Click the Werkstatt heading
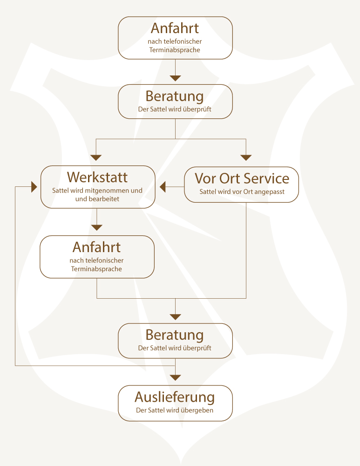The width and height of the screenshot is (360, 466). click(97, 178)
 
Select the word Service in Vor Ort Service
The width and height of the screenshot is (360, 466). click(267, 178)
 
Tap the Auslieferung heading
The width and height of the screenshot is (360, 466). click(175, 397)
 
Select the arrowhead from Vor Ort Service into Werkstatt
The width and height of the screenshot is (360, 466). click(163, 187)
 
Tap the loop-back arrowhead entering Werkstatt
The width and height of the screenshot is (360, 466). click(34, 187)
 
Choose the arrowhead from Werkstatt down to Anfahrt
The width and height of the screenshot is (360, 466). click(96, 227)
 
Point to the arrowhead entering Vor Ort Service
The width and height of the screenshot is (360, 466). click(246, 158)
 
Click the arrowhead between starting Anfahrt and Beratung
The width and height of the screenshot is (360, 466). click(175, 78)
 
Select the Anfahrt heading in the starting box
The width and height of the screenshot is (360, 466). click(175, 28)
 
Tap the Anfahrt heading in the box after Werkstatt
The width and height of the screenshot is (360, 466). click(96, 247)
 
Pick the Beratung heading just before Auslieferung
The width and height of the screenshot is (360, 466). click(175, 335)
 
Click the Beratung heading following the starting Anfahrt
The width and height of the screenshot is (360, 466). click(175, 96)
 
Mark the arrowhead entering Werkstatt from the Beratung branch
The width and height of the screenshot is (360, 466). click(96, 158)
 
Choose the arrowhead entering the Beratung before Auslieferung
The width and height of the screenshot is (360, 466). click(175, 317)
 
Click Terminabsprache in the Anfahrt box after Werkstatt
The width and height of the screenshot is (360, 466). click(96, 269)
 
